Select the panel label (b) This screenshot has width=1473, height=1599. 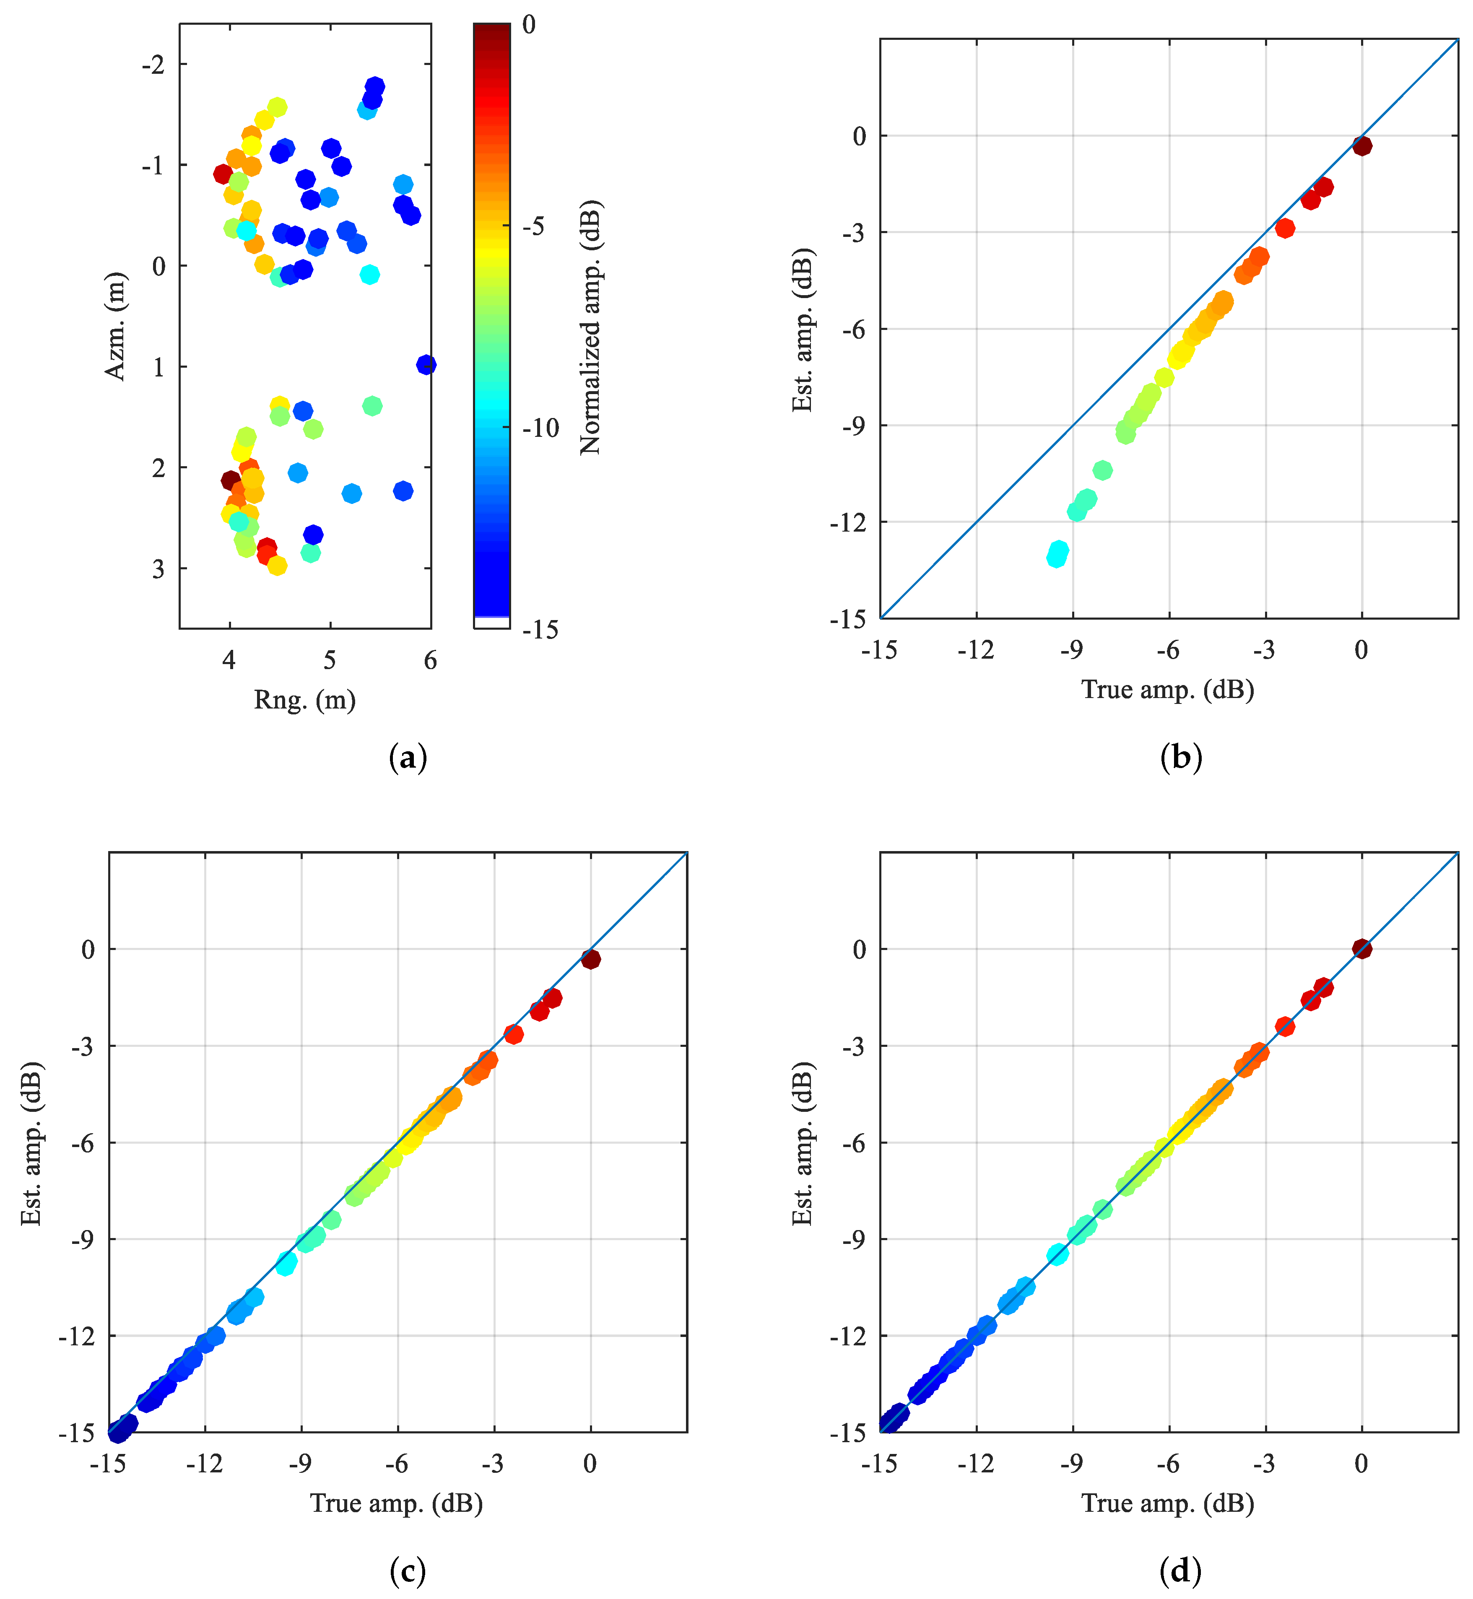point(1180,757)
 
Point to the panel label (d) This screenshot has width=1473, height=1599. point(1180,1571)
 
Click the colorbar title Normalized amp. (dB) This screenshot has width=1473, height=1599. point(591,327)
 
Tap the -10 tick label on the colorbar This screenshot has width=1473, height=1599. point(541,428)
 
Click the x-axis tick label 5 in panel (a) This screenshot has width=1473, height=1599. point(329,660)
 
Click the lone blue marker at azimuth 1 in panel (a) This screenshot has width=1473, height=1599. point(426,364)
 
